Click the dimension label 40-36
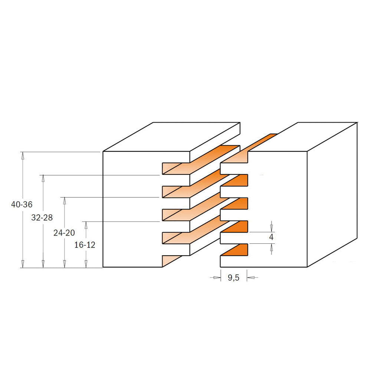[x=22, y=204]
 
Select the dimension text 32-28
[x=42, y=217]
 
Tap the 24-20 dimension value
[x=64, y=233]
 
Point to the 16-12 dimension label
[x=85, y=244]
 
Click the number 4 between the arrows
[x=271, y=237]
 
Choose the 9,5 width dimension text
[x=233, y=278]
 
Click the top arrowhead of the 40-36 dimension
[x=23, y=155]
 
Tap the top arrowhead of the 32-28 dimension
[x=43, y=179]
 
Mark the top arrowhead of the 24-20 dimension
[x=64, y=201]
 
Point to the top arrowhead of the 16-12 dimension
[x=86, y=225]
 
